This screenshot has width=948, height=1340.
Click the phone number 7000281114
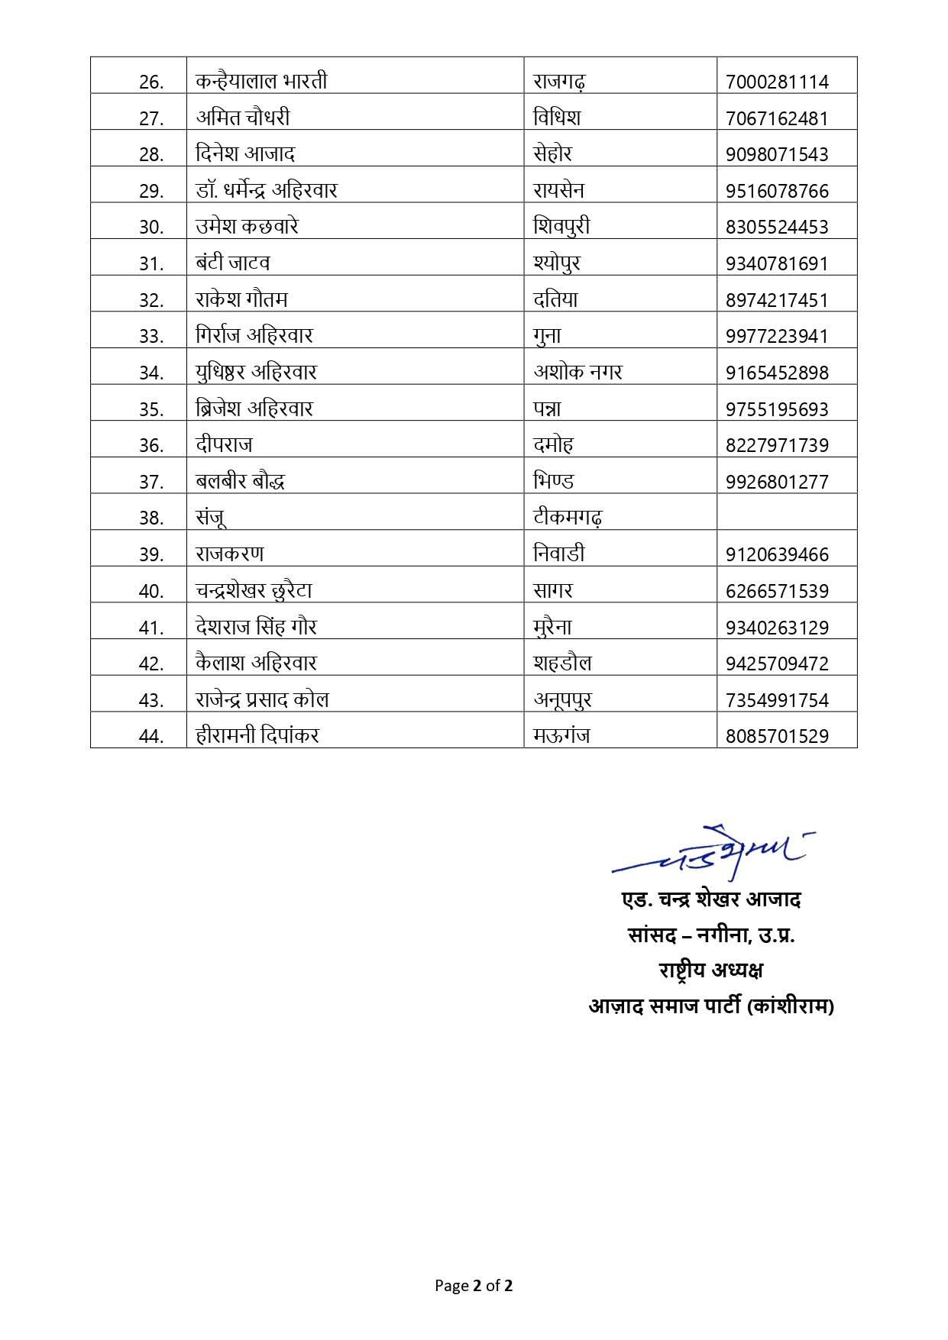[x=777, y=81]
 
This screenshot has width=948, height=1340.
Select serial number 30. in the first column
[x=151, y=227]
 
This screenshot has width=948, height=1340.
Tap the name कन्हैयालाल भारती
[x=261, y=80]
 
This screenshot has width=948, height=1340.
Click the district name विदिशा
[x=557, y=117]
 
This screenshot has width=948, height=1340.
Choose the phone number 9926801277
[x=777, y=481]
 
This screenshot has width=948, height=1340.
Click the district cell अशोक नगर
[x=578, y=372]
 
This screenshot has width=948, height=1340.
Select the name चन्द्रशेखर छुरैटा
[x=254, y=590]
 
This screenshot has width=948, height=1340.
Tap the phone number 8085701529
[x=777, y=736]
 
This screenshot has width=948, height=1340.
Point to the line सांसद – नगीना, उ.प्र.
[x=711, y=935]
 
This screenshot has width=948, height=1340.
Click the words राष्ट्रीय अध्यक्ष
[x=711, y=970]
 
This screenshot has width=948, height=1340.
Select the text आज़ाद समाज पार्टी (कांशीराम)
[x=711, y=1006]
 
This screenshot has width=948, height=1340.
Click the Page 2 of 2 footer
[x=474, y=1285]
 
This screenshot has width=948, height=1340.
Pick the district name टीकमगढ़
[x=568, y=518]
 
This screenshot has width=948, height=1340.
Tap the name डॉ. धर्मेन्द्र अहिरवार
[x=266, y=190]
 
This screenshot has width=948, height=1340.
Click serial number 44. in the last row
[x=151, y=736]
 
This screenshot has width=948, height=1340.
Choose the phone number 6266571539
[x=777, y=590]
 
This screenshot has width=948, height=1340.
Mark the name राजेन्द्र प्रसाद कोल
[x=262, y=699]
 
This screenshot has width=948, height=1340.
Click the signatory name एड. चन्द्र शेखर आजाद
[x=711, y=899]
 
